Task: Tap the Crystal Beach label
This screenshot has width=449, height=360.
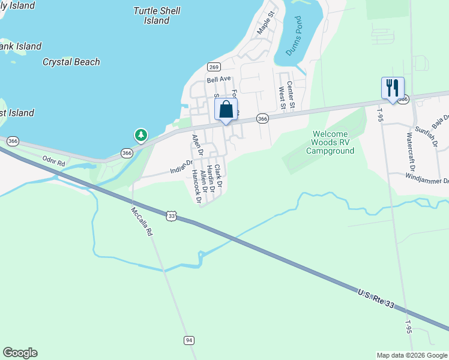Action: [71, 62]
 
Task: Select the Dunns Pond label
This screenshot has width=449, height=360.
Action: [292, 37]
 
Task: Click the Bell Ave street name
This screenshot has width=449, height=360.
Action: [219, 79]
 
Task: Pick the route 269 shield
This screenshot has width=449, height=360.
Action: [213, 67]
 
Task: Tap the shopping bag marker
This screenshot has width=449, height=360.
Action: [226, 110]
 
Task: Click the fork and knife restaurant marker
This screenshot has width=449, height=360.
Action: [393, 88]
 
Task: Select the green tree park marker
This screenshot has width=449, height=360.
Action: [141, 135]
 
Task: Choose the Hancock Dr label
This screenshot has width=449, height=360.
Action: [195, 184]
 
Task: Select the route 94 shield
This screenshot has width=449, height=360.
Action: [189, 340]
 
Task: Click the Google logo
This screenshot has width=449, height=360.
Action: [20, 353]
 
